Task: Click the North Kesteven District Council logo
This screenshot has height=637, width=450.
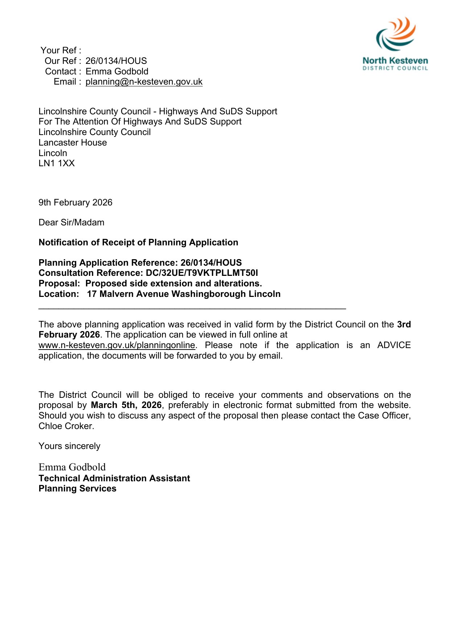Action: coord(395,44)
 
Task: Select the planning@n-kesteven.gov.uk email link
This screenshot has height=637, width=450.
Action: coord(144,82)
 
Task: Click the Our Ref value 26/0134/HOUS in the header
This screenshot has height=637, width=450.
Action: coord(116,61)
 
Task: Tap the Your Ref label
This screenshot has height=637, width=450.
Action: coord(61,50)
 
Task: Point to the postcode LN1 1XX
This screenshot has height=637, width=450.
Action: coord(57,163)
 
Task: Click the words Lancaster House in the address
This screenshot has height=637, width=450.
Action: coord(73,143)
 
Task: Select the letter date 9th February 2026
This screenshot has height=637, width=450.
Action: coord(75,202)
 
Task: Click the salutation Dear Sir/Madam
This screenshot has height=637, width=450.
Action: coord(71,222)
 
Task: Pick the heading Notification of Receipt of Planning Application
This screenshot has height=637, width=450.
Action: coord(138,242)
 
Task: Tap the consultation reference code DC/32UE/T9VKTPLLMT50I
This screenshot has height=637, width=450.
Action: coord(202,273)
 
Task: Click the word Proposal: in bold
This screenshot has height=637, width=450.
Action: coord(59,283)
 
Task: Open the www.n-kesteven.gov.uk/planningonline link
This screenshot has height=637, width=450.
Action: coord(117,345)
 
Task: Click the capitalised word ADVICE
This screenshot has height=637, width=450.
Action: coord(394,345)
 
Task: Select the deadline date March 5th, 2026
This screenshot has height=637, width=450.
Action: coord(126,405)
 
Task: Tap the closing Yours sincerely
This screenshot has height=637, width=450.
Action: coord(69,446)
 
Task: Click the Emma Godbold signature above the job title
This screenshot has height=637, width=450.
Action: coord(72,467)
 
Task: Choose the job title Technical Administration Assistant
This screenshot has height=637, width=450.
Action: coord(114,478)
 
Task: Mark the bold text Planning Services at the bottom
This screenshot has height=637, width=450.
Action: coord(77,489)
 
